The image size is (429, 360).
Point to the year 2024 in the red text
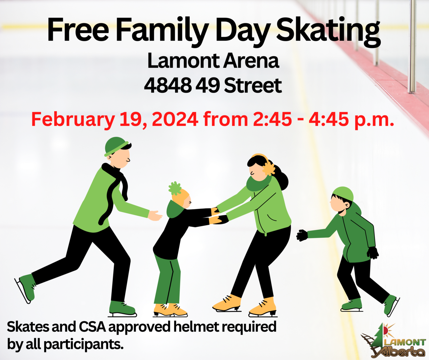pos(175,119)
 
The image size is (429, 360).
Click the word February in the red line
pos(73,120)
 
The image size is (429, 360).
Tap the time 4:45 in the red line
pos(328,119)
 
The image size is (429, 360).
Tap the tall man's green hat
pos(116,147)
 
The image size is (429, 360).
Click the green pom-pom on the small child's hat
pos(175,188)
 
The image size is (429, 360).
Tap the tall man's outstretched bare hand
pos(155,216)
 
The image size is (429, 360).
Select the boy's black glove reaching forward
pos(302,235)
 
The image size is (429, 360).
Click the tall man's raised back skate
pos(25,288)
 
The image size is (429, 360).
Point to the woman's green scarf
pos(259,182)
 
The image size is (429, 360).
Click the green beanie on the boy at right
pos(343,194)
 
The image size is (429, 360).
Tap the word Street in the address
pos(253,85)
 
